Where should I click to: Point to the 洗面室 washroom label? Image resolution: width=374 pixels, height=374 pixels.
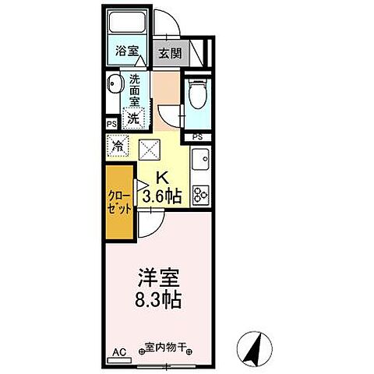[x=136, y=89]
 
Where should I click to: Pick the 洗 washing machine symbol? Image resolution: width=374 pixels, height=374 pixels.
[x=134, y=119]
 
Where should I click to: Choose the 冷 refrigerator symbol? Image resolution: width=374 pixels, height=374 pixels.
[x=118, y=146]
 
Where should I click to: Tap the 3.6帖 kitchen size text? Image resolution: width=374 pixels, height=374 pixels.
[x=162, y=196]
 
